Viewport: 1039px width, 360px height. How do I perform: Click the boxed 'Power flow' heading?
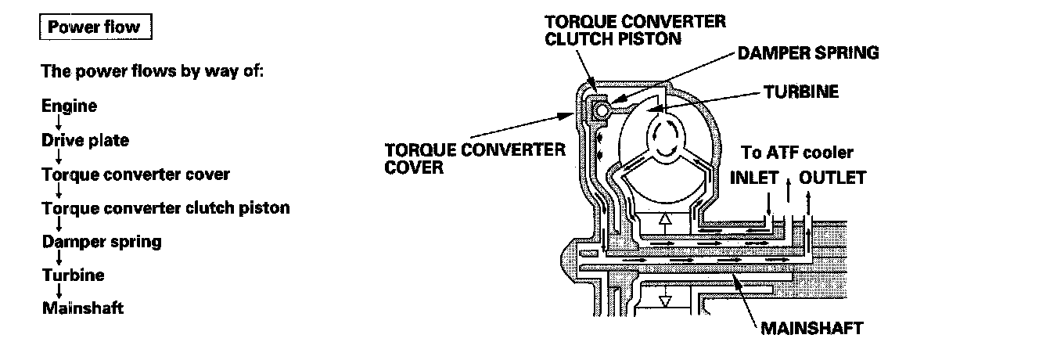click(93, 27)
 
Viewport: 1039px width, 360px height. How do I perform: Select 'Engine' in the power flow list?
click(70, 106)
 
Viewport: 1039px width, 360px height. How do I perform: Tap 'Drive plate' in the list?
click(85, 141)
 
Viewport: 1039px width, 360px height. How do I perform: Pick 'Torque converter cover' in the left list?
click(136, 174)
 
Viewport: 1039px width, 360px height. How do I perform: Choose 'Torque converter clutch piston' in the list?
click(166, 208)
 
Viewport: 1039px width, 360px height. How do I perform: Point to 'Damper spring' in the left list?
click(102, 241)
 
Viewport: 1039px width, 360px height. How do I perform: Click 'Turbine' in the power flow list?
click(73, 275)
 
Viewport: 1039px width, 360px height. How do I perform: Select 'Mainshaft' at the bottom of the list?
click(83, 308)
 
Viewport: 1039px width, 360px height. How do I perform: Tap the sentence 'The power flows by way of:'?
click(153, 71)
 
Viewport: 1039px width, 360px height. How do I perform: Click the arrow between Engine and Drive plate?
click(59, 124)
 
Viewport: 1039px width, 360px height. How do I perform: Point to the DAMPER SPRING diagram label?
click(808, 54)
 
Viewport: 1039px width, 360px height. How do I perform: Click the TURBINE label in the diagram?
click(801, 92)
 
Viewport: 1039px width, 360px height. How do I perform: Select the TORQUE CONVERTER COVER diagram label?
click(475, 158)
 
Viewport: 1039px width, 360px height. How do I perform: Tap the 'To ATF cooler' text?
click(797, 153)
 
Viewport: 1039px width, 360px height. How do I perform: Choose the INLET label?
click(754, 178)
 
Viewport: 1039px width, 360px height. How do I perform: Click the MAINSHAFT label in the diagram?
click(811, 328)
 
